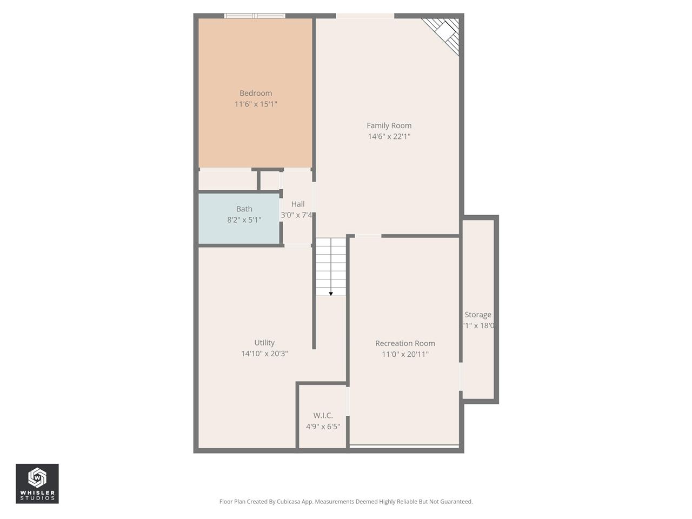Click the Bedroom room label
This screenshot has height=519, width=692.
[x=256, y=93]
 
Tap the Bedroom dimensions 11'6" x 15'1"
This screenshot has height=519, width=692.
[x=256, y=104]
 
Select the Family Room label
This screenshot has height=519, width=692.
[x=389, y=125]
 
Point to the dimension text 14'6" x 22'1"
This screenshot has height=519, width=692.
[x=389, y=136]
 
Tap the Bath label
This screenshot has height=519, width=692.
[x=244, y=209]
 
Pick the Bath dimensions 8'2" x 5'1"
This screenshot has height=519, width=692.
[x=244, y=219]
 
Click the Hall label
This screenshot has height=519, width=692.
[x=298, y=204]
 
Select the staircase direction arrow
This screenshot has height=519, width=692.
[x=331, y=293]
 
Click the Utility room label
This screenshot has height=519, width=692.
[x=264, y=343]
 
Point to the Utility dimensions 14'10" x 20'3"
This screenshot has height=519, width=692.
[x=264, y=354]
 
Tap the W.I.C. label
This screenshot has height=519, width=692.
[x=323, y=415]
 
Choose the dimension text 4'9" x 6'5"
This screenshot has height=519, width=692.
[x=323, y=426]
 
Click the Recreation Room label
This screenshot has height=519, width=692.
[x=405, y=343]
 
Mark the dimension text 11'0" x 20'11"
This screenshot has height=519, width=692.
[x=405, y=354]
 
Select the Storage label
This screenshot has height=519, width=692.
[x=478, y=315]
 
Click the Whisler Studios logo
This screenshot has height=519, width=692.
[x=37, y=483]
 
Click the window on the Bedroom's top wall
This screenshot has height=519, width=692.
[x=255, y=16]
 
